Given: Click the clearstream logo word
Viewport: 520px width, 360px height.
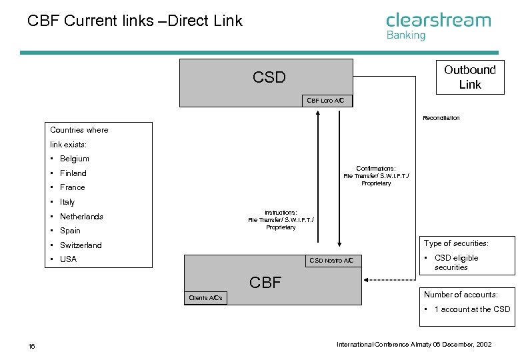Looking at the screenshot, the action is point(438,20).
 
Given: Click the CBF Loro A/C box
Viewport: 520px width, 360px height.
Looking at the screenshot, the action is point(327,101).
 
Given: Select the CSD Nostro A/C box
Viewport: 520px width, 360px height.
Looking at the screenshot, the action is point(333,261).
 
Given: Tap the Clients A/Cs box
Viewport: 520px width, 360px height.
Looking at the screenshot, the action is point(205,298).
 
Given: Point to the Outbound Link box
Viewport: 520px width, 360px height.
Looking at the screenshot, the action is point(470,77).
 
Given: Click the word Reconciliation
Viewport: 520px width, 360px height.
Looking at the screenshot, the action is point(441,118).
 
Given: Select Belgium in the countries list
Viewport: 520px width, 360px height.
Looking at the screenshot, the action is point(74,159).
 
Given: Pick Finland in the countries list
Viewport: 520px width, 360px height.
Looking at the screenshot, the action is point(73,173).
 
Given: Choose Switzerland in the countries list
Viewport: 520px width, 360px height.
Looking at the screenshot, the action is point(81,245).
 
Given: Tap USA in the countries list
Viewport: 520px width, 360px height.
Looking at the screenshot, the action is point(68,259).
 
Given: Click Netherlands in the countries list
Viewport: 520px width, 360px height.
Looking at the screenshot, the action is point(81,217).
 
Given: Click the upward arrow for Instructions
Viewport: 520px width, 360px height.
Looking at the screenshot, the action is point(318,177).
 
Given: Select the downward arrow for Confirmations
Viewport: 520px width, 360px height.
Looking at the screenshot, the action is point(339,179).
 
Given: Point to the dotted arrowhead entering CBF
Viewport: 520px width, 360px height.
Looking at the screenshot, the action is point(366,280).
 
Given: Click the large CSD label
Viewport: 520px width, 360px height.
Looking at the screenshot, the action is point(269,77).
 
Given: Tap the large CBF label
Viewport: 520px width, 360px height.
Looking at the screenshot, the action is point(265,283).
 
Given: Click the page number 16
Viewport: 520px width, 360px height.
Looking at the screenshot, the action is point(31,347).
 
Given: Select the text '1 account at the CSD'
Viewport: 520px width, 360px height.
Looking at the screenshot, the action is point(472,309).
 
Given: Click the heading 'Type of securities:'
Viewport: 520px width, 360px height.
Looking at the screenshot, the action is point(456,243).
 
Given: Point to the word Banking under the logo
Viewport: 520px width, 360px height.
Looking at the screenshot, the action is point(406,35).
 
